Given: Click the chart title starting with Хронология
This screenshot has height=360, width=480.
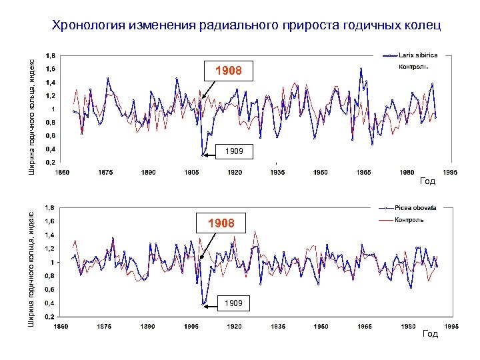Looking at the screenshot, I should tap(246, 26).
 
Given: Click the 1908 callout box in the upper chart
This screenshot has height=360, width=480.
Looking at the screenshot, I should tap(228, 71).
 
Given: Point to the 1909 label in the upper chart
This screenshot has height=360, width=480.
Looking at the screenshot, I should tap(234, 152).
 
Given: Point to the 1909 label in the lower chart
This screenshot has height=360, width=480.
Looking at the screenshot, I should tap(233, 303).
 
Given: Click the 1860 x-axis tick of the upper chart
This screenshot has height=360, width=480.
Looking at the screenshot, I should tap(61, 173).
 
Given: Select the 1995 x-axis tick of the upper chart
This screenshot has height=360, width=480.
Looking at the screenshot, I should tap(451, 173).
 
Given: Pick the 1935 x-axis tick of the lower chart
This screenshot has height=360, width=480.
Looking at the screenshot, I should tap(278, 327).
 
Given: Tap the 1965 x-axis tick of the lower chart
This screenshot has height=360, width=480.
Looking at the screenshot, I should tap(364, 327).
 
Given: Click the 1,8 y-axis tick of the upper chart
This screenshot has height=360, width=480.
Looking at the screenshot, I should tap(51, 55).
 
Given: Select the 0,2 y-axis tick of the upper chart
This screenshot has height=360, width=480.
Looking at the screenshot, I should tap(51, 162).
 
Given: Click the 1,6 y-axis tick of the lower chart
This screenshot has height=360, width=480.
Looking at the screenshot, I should tap(51, 221).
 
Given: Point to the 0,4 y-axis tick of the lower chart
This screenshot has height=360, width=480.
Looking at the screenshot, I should tap(51, 303).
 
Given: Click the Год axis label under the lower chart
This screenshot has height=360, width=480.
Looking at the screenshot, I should tap(431, 333).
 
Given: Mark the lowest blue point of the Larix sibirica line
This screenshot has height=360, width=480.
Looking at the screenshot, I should tap(203, 155).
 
